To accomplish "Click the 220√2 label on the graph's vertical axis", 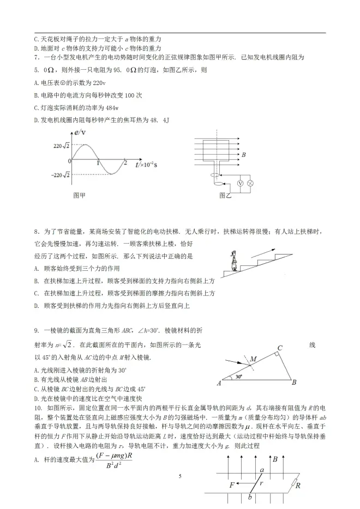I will pyautogui.click(x=61, y=146).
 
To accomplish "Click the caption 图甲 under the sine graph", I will pyautogui.click(x=79, y=195).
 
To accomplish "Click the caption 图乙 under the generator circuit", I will pyautogui.click(x=225, y=195).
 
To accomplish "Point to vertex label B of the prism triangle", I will pyautogui.click(x=294, y=383).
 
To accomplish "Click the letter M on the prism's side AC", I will pyautogui.click(x=253, y=358).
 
